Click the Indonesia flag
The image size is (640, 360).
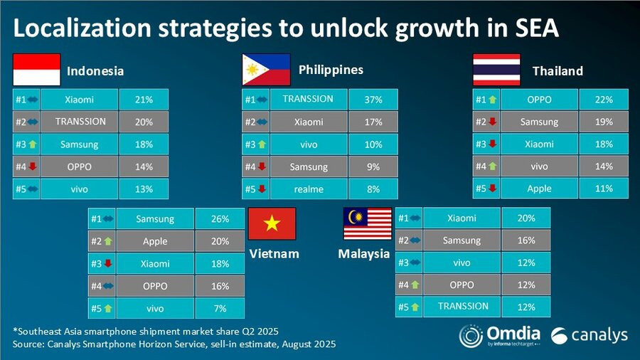click(x=36, y=70)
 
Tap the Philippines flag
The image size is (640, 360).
click(x=266, y=70)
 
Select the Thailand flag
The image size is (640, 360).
click(x=496, y=70)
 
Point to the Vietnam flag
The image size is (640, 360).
click(x=271, y=224)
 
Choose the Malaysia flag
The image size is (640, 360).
click(x=368, y=224)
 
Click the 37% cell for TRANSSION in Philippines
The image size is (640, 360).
click(x=373, y=100)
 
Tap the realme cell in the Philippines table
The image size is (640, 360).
click(x=309, y=189)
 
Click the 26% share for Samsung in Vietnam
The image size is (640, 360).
click(x=220, y=219)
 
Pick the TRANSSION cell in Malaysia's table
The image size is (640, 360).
click(x=463, y=306)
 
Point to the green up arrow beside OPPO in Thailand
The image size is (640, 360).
click(x=491, y=100)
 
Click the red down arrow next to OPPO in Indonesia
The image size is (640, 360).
click(x=32, y=167)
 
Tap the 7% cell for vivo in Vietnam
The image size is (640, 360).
click(x=220, y=307)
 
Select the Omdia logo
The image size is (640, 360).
click(x=500, y=335)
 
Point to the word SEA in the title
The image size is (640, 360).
click(x=531, y=29)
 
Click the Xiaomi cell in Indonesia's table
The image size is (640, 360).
click(x=79, y=100)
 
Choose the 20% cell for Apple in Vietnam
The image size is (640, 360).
click(x=220, y=241)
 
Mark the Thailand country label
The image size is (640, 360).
click(x=558, y=70)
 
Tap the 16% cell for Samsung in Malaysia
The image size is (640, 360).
click(x=526, y=240)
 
